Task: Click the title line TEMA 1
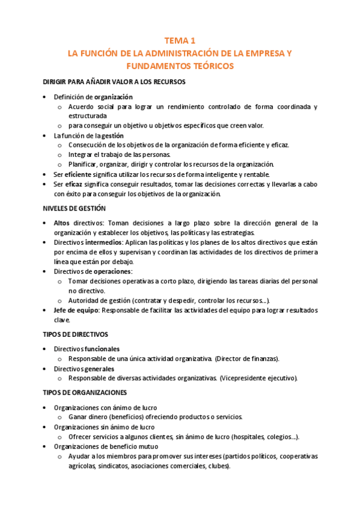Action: (180, 41)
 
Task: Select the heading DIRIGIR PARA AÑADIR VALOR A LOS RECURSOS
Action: (114, 81)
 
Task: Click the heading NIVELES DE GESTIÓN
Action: (74, 209)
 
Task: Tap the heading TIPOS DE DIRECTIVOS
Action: (75, 334)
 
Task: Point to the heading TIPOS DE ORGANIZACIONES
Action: (84, 393)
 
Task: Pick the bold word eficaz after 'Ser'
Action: (74, 184)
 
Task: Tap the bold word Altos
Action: (63, 223)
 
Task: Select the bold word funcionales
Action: (102, 349)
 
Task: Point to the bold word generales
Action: (99, 368)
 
